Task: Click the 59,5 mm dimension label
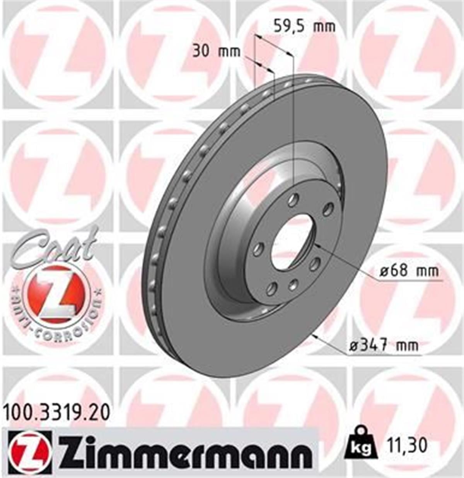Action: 304,27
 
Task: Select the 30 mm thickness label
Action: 216,51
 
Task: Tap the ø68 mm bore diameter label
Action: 409,271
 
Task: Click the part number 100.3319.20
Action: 56,412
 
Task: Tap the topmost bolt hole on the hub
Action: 293,200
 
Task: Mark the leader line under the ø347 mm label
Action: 383,355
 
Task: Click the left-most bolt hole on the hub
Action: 258,250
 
